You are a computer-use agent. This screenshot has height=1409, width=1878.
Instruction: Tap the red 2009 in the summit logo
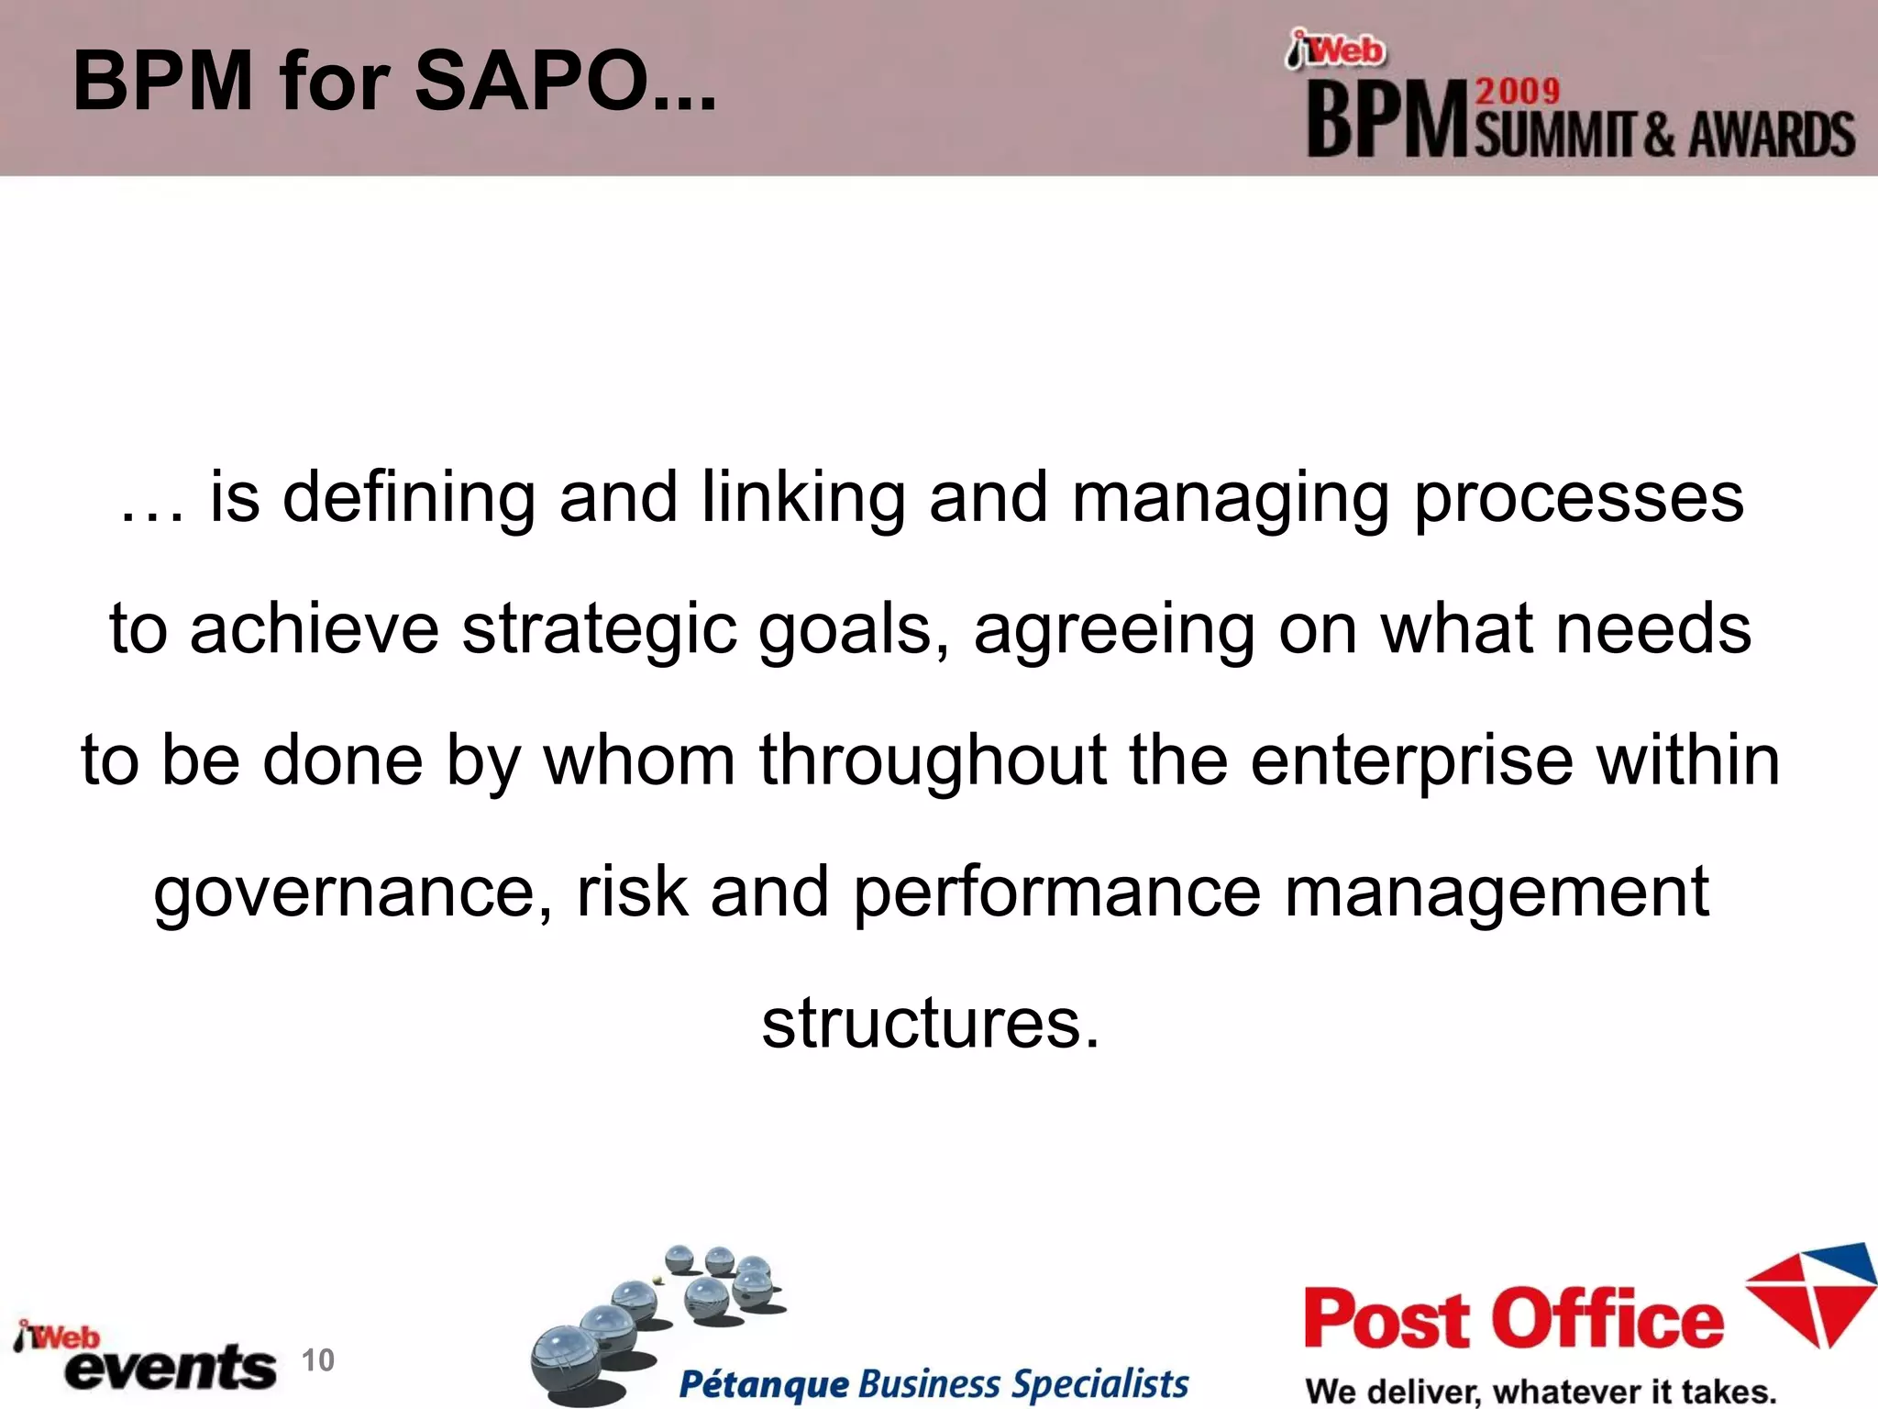(x=1518, y=91)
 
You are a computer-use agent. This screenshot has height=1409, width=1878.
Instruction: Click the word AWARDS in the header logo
(x=1772, y=135)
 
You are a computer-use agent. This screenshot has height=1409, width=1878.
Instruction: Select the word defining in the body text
(x=408, y=498)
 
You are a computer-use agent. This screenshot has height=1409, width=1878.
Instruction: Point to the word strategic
(x=599, y=630)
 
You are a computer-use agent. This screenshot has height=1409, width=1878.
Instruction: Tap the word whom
(x=639, y=760)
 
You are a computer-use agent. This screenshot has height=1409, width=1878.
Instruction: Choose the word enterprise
(x=1411, y=760)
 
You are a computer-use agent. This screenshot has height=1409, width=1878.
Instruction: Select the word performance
(x=1056, y=893)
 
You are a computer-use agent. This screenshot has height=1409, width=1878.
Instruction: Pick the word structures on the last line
(x=929, y=1023)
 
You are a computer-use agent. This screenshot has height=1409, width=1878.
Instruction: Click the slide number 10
(x=318, y=1359)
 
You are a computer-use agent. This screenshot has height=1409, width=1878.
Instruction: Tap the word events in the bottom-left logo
(x=171, y=1368)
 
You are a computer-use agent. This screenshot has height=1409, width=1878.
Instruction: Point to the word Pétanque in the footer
(x=763, y=1383)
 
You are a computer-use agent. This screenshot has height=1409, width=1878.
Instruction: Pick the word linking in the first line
(x=802, y=498)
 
